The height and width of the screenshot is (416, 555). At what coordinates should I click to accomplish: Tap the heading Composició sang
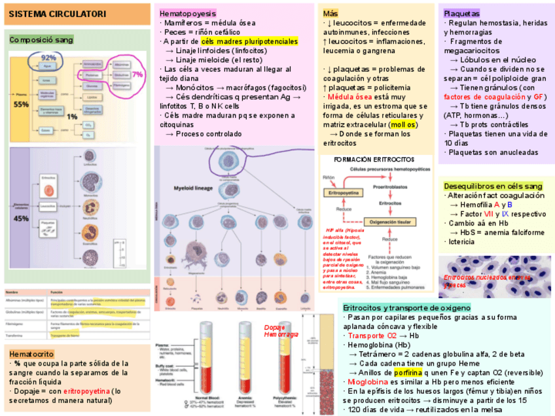point(41,40)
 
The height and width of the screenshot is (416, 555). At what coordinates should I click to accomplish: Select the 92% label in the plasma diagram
point(48,58)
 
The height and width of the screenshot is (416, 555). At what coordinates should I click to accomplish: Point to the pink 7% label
point(137,75)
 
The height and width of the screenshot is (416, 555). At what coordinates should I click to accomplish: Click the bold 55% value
point(21,104)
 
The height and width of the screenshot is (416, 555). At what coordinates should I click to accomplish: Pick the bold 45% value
point(21,218)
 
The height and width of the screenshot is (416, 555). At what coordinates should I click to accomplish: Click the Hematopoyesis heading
point(188,13)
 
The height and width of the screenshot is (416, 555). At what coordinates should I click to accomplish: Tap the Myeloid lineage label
point(194,188)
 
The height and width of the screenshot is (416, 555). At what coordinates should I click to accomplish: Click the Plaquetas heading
point(461,13)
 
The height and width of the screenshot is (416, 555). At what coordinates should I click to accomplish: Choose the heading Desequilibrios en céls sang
point(493,186)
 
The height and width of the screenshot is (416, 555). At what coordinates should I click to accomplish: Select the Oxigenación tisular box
point(390,222)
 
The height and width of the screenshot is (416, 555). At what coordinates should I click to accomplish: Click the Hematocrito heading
point(32,354)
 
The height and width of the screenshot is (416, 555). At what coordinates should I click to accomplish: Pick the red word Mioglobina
point(368,382)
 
